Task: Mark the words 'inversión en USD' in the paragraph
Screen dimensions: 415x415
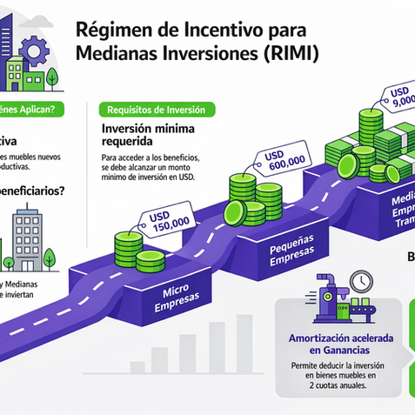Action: click(x=169, y=179)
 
